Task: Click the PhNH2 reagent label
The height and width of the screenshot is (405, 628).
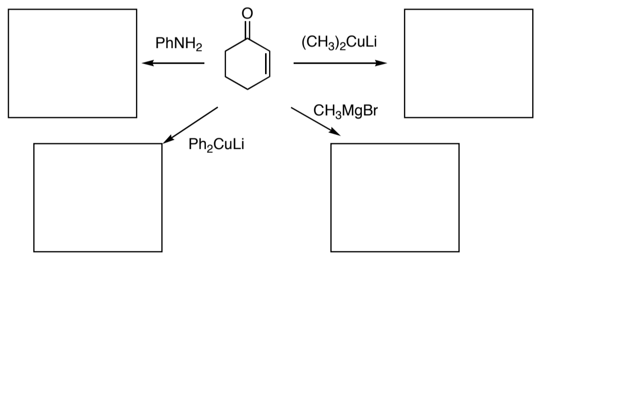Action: tap(178, 44)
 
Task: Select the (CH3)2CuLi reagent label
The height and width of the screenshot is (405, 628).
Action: tap(339, 42)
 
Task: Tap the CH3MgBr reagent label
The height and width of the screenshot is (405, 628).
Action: tap(346, 111)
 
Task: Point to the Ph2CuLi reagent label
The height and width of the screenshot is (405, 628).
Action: tap(216, 145)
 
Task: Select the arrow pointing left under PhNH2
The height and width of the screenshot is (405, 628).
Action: tap(173, 63)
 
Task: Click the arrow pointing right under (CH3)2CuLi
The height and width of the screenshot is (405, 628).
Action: tap(339, 63)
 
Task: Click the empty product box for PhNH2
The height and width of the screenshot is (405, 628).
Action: tap(72, 63)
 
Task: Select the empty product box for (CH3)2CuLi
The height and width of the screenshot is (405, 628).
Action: tap(468, 63)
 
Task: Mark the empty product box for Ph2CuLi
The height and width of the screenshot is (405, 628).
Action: tap(98, 197)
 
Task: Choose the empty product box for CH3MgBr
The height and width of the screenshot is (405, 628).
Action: tap(395, 197)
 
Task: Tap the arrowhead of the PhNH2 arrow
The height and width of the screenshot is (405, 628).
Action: tap(146, 63)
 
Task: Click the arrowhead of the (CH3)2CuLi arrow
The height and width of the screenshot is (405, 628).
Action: tap(382, 63)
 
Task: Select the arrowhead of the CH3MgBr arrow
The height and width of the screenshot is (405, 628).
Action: tap(336, 133)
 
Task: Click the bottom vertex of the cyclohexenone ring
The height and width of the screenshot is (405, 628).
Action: tap(247, 89)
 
